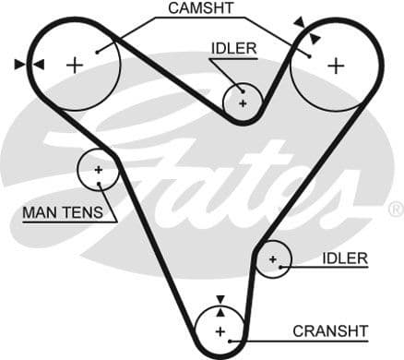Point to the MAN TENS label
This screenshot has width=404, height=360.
click(x=56, y=213)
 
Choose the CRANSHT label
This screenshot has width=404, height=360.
click(x=330, y=330)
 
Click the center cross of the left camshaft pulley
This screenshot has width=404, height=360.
click(x=75, y=64)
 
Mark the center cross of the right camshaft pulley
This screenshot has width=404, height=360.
click(x=336, y=65)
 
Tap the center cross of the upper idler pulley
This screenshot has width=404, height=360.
click(x=244, y=102)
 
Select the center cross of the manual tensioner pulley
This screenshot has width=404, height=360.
click(x=97, y=170)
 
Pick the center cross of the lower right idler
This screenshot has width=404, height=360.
click(x=272, y=260)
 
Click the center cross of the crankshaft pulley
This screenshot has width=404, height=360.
click(x=220, y=330)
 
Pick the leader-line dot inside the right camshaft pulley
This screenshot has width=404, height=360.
click(x=311, y=54)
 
